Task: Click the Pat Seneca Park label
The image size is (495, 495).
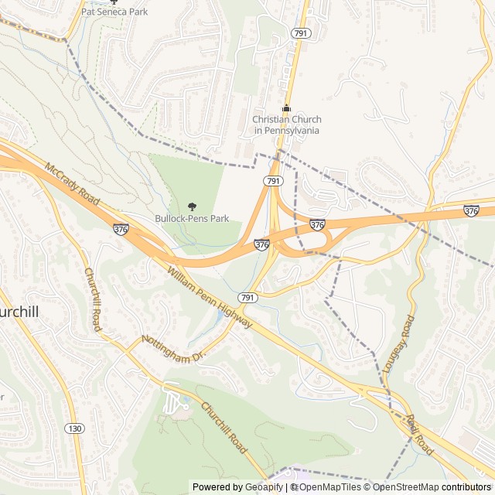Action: coord(114,12)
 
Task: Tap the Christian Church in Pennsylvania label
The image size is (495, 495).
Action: coord(286,125)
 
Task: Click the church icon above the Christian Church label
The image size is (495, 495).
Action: coord(286,108)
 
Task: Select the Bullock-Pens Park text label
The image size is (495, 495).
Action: coord(192,219)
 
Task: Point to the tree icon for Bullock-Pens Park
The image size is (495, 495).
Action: coord(192,207)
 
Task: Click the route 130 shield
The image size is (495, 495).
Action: coord(74,428)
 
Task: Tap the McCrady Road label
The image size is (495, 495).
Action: coord(73,184)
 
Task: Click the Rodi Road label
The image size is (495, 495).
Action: coord(421,433)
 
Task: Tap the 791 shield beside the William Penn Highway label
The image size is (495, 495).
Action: coord(247,298)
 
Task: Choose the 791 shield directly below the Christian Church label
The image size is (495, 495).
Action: coord(271,180)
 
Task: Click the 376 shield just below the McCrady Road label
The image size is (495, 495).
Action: coord(120,230)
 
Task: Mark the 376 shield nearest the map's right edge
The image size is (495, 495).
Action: coord(471,210)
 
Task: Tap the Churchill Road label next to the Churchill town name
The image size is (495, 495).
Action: coord(92,299)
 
